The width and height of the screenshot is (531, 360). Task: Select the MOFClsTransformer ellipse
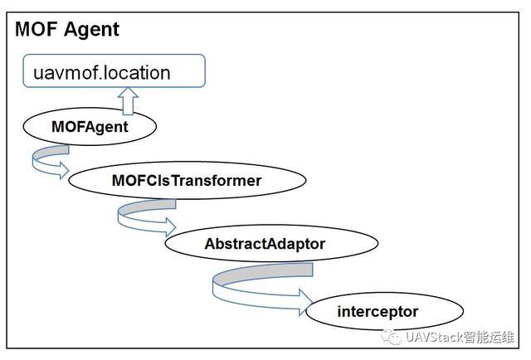[186, 180]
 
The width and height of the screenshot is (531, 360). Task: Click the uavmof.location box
[113, 72]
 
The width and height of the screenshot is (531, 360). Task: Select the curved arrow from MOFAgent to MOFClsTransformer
[48, 160]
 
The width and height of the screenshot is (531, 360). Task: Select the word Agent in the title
[93, 31]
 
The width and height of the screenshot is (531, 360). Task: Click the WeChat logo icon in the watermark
[391, 337]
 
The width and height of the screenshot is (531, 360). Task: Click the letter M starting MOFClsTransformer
[119, 180]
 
